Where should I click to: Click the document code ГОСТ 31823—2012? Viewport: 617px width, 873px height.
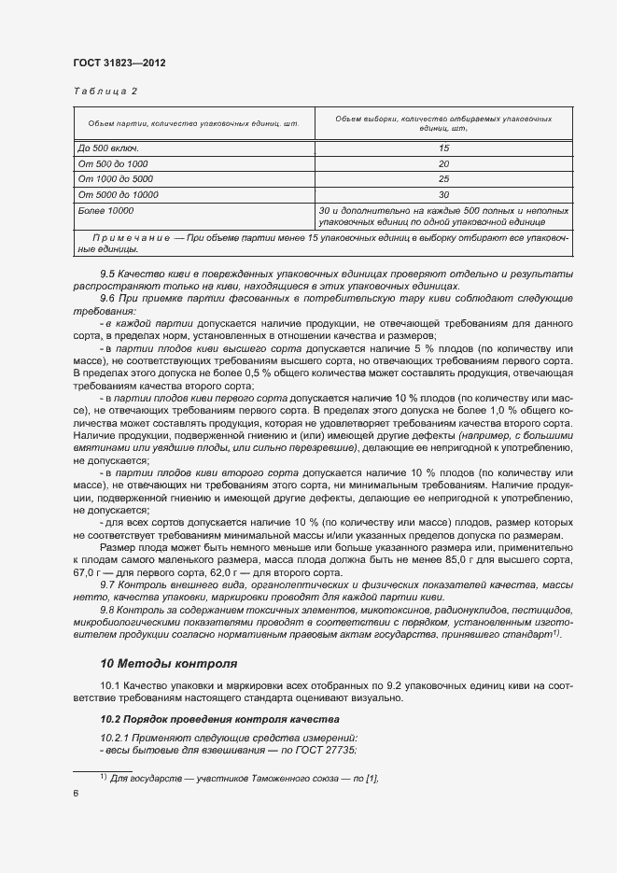pos(119,62)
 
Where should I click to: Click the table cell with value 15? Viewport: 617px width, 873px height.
pos(443,148)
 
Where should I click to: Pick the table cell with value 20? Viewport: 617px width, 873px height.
pos(443,163)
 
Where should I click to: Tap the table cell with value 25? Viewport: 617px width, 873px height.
pos(443,178)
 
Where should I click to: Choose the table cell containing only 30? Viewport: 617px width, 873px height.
pos(443,194)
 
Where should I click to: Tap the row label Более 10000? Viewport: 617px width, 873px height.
pos(106,211)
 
